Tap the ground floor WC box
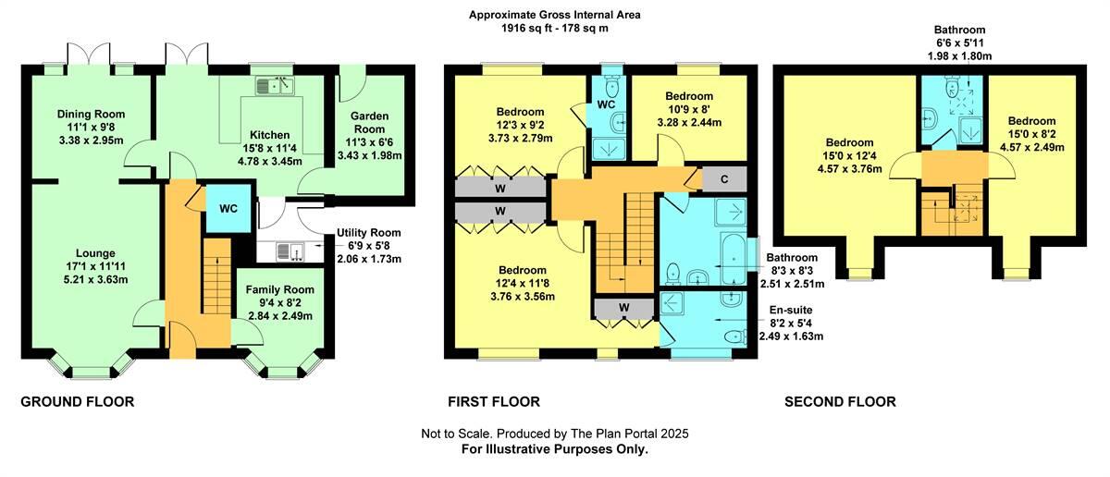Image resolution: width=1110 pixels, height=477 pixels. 228,208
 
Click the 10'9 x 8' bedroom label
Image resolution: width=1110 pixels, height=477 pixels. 688,96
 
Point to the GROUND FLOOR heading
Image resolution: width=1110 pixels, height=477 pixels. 78,401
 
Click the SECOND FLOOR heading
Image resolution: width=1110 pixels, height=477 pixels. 840,401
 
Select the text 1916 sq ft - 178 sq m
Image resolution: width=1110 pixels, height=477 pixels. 554,29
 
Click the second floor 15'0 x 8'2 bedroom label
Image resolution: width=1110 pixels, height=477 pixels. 1030,121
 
